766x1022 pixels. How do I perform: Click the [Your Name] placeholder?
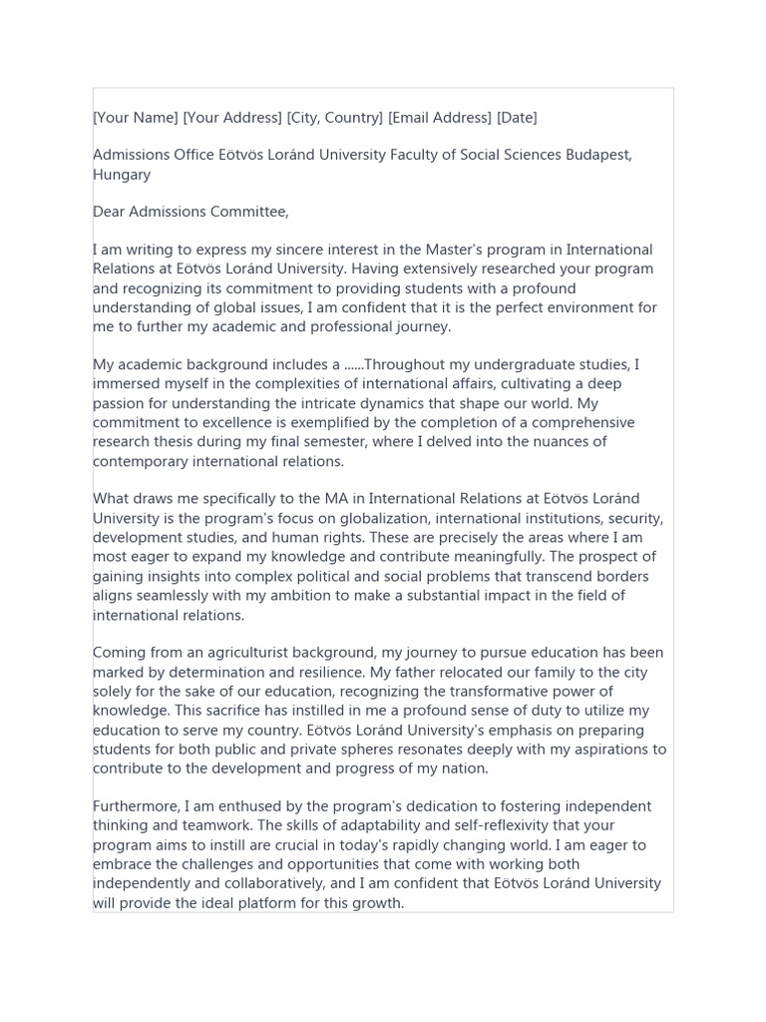(x=136, y=118)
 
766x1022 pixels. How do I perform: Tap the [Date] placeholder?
(x=517, y=118)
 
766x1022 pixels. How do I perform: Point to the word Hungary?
(x=122, y=175)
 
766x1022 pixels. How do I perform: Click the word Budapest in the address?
(x=597, y=156)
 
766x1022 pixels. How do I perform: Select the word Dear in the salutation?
(x=111, y=212)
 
